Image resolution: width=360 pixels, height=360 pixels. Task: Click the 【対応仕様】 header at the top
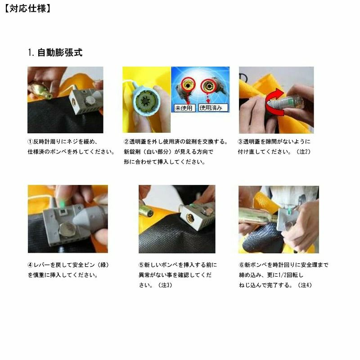pyautogui.click(x=27, y=9)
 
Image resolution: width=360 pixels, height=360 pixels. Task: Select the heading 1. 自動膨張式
pyautogui.click(x=55, y=53)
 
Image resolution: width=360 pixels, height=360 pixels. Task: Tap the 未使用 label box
pyautogui.click(x=184, y=108)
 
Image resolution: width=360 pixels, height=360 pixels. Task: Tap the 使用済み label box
pyautogui.click(x=213, y=108)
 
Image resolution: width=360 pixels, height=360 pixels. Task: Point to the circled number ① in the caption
pyautogui.click(x=30, y=142)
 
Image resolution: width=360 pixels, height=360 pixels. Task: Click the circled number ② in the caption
pyautogui.click(x=126, y=142)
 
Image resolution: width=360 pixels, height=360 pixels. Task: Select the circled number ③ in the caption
pyautogui.click(x=240, y=142)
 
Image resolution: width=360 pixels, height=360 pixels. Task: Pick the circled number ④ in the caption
pyautogui.click(x=30, y=265)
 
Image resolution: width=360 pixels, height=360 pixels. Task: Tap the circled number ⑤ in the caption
pyautogui.click(x=141, y=265)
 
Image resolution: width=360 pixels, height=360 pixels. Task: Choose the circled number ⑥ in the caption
pyautogui.click(x=242, y=265)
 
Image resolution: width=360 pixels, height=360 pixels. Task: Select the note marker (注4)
pyautogui.click(x=305, y=285)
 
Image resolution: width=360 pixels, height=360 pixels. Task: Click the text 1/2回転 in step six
pyautogui.click(x=288, y=275)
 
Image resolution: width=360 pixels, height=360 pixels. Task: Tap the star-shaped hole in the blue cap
pyautogui.click(x=145, y=101)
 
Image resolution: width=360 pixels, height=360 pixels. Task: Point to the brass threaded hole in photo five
pyautogui.click(x=190, y=218)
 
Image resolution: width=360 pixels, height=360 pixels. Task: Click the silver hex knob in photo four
pyautogui.click(x=66, y=230)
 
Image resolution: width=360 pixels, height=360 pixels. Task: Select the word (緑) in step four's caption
pyautogui.click(x=103, y=265)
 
